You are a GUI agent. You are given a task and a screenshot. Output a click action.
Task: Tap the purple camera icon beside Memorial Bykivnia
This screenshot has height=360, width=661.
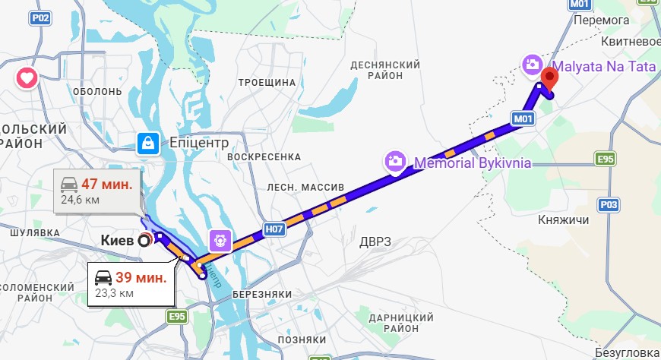(x=394, y=161)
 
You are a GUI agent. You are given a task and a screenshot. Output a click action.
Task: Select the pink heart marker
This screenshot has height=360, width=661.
(x=27, y=77)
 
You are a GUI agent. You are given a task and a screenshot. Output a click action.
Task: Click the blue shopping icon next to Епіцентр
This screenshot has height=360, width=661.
(x=147, y=141)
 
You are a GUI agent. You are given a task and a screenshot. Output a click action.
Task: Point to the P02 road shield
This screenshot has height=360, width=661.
(x=41, y=17)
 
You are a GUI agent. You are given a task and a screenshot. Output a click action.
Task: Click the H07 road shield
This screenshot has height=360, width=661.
(x=274, y=228)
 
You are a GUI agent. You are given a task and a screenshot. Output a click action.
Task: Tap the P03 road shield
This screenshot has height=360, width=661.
(x=609, y=204)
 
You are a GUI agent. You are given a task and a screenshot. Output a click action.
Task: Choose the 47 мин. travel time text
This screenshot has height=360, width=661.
(x=107, y=185)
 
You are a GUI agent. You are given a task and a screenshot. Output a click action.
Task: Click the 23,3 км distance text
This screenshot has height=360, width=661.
(x=115, y=292)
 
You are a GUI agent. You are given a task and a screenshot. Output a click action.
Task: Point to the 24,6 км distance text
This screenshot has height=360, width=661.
(x=81, y=200)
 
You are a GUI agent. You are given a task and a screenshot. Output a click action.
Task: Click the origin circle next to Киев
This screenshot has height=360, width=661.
(x=144, y=241)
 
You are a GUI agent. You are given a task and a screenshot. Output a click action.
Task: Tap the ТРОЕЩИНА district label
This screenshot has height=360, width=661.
(x=266, y=82)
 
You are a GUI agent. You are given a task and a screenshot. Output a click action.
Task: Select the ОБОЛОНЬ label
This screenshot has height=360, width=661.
(x=97, y=91)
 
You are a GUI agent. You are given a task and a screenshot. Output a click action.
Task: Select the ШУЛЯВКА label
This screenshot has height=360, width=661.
(x=35, y=232)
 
